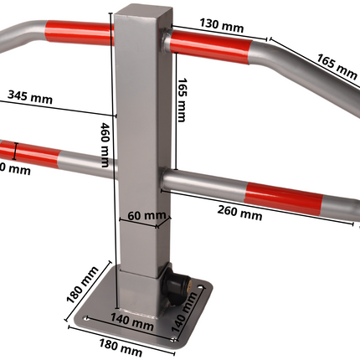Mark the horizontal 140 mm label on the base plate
point(134,321)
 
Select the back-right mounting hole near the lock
point(201,291)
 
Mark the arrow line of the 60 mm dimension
point(145,224)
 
